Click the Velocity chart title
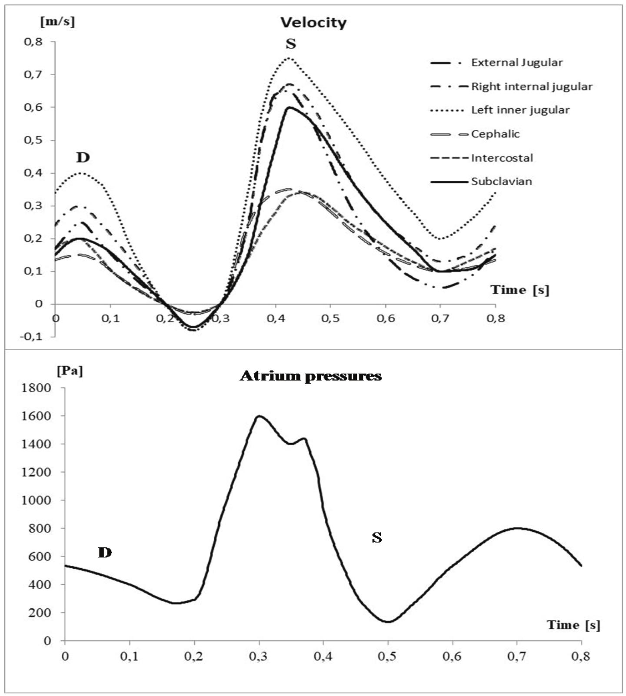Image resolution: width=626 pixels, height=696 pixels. tap(313, 23)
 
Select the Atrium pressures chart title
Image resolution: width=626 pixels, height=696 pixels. tap(311, 376)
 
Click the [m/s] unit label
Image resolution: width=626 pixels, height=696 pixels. tap(57, 22)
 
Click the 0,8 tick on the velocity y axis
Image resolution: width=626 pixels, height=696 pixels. tap(33, 42)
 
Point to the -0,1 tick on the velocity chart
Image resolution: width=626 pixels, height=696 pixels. tap(32, 336)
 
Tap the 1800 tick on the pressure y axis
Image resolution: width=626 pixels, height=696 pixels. tap(36, 388)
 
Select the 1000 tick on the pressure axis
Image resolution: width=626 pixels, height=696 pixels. tap(36, 500)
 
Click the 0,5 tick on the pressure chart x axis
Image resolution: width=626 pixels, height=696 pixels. tap(387, 656)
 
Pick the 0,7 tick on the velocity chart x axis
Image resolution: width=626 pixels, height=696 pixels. tap(440, 318)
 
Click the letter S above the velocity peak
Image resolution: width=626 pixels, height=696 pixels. tap(291, 44)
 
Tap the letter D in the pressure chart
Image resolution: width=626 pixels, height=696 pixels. tap(105, 553)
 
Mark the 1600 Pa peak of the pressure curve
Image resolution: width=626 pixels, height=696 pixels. tap(260, 416)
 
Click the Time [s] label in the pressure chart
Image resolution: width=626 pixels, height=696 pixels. tap(573, 625)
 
